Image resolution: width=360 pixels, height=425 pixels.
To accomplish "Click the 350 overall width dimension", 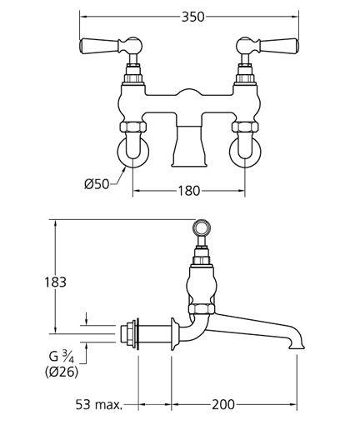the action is coord(192,17).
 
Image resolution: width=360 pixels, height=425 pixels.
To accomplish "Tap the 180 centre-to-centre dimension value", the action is coord(188,191).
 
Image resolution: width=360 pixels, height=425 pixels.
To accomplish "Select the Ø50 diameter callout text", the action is coord(97,184).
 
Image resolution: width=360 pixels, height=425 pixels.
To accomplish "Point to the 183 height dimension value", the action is coord(56,282).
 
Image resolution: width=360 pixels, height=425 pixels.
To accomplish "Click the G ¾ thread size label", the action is coord(62,357).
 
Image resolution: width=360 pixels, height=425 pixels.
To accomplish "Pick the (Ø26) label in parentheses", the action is coord(62,372).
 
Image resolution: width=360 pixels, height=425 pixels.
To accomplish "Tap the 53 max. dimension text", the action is coord(99,404).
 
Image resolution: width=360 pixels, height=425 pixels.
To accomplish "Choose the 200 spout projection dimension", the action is coord(223,404).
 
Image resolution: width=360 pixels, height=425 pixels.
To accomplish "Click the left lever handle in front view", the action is coord(111,45).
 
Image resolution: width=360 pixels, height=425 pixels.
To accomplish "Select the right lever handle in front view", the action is coord(267,45).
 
